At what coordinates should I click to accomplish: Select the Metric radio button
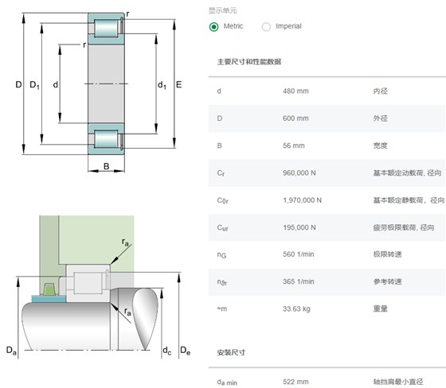214,27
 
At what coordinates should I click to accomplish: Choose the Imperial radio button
266,27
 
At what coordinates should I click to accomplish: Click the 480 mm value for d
295,91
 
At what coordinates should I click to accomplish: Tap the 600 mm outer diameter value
295,118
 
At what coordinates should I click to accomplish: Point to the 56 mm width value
294,145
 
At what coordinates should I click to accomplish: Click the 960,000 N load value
299,173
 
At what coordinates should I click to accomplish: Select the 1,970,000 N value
302,200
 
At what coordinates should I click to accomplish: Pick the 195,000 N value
299,227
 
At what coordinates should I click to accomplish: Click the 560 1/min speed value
299,254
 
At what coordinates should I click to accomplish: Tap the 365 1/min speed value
299,281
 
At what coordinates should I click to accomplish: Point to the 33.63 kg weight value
296,308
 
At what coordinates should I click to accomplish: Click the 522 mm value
295,382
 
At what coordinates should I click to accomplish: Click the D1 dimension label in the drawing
35,85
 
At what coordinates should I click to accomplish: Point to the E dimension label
178,84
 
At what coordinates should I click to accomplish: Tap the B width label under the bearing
107,166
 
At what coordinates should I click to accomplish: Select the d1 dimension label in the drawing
162,85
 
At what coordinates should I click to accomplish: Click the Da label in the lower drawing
11,350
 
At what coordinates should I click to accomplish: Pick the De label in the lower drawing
185,351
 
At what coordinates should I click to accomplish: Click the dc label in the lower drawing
167,351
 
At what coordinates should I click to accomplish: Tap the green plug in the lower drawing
49,289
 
